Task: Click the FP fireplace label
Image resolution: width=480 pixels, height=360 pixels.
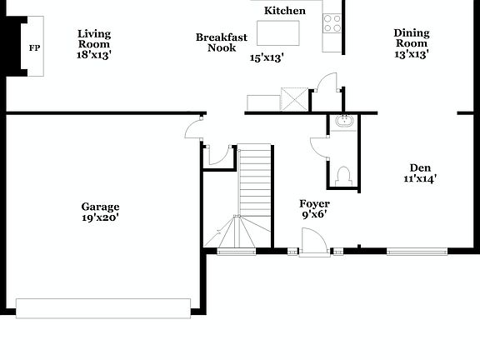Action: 34,48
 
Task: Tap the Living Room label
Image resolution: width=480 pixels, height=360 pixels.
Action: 94,39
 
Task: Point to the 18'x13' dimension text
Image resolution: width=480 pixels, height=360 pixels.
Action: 94,54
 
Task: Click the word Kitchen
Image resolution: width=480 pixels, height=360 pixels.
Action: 284,11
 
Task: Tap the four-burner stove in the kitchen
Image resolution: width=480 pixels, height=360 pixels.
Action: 332,22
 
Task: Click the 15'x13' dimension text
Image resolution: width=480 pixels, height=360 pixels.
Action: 267,58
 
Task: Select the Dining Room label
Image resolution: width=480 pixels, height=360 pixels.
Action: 412,38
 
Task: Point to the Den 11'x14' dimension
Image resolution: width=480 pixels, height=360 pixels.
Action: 420,177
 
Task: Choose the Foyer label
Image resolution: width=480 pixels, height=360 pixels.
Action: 314,203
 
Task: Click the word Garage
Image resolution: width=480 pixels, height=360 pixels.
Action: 100,207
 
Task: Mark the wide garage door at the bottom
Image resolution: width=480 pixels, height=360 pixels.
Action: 103,307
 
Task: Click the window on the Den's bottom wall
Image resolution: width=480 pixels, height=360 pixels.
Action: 417,250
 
